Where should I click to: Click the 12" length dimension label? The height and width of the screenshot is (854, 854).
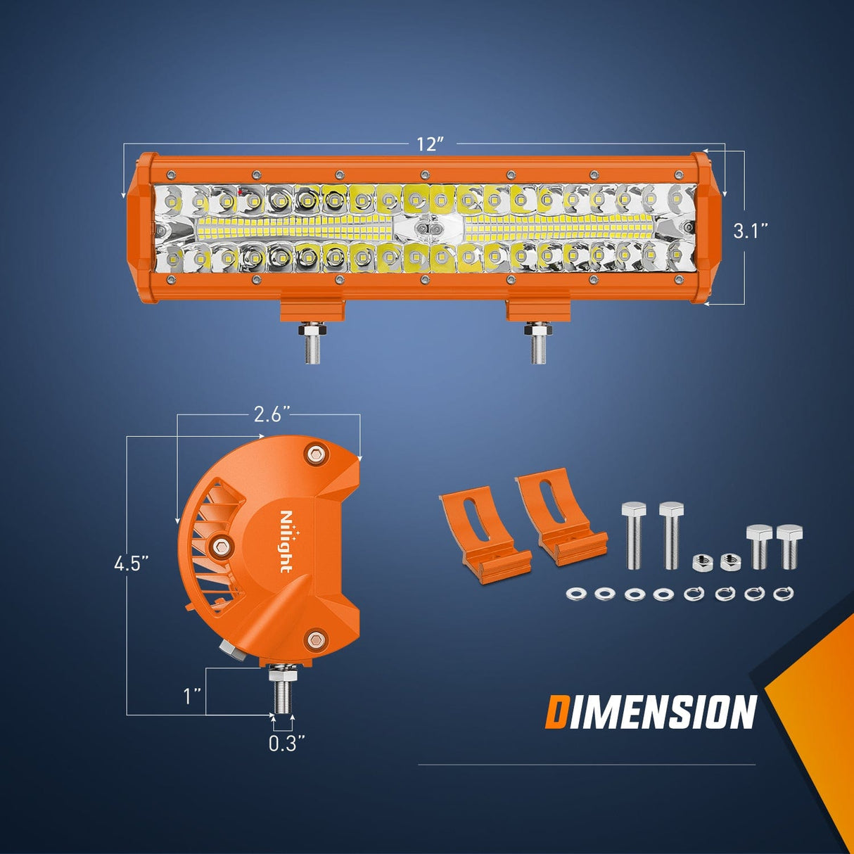[x=431, y=144]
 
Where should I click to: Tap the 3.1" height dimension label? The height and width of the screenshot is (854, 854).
[x=750, y=230]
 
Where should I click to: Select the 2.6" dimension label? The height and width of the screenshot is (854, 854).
[x=267, y=415]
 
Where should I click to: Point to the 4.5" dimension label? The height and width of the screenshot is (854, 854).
[x=131, y=564]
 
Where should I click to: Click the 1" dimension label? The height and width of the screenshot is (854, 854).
[x=192, y=696]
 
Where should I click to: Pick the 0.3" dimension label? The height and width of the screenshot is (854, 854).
[x=287, y=744]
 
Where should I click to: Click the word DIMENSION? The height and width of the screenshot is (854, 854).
[x=651, y=712]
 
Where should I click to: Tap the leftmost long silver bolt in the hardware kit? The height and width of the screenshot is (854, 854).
[x=633, y=535]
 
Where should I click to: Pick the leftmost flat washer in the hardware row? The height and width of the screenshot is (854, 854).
[x=575, y=594]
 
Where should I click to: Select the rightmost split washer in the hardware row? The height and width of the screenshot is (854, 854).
[x=784, y=594]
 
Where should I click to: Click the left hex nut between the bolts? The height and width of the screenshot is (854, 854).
[x=700, y=561]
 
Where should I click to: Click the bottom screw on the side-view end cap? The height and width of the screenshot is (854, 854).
[x=316, y=639]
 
